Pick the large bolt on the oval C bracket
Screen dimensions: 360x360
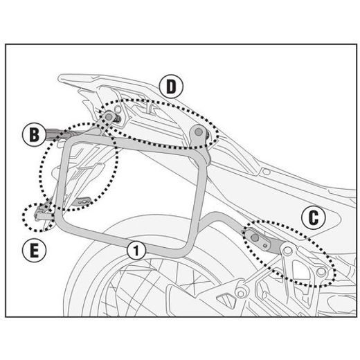(255, 237)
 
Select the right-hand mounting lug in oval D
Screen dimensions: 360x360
(200, 134)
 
